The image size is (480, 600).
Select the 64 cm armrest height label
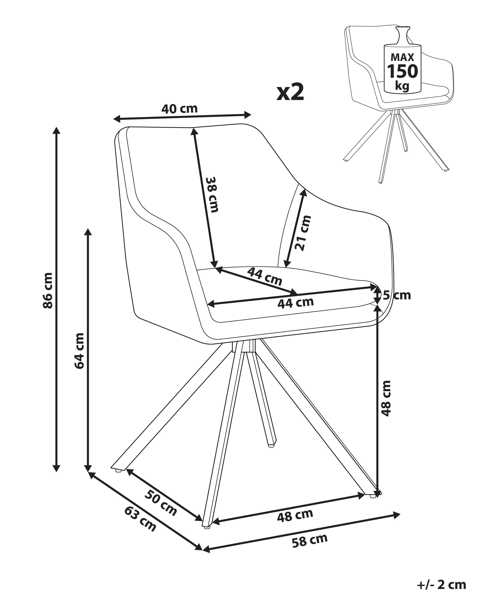[79, 351]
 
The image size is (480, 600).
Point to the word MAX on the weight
[403, 57]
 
